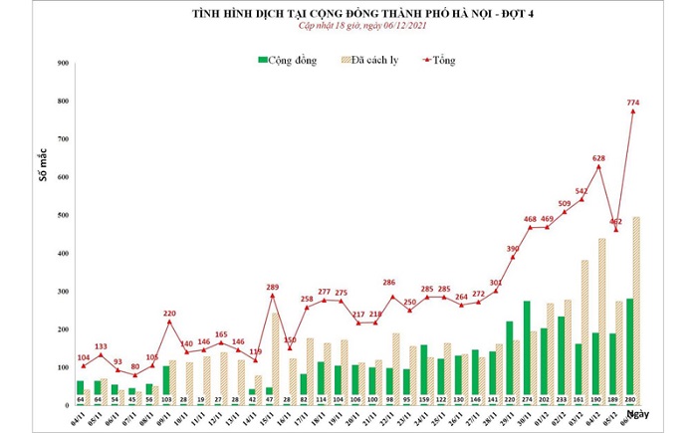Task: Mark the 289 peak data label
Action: pyautogui.click(x=271, y=287)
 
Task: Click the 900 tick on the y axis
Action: pyautogui.click(x=62, y=63)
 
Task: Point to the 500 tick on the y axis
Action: pyautogui.click(x=62, y=215)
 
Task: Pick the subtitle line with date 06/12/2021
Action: pyautogui.click(x=348, y=31)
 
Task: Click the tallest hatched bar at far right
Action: pyautogui.click(x=636, y=309)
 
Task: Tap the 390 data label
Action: pyautogui.click(x=512, y=247)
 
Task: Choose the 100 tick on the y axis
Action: pyautogui.click(x=62, y=367)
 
